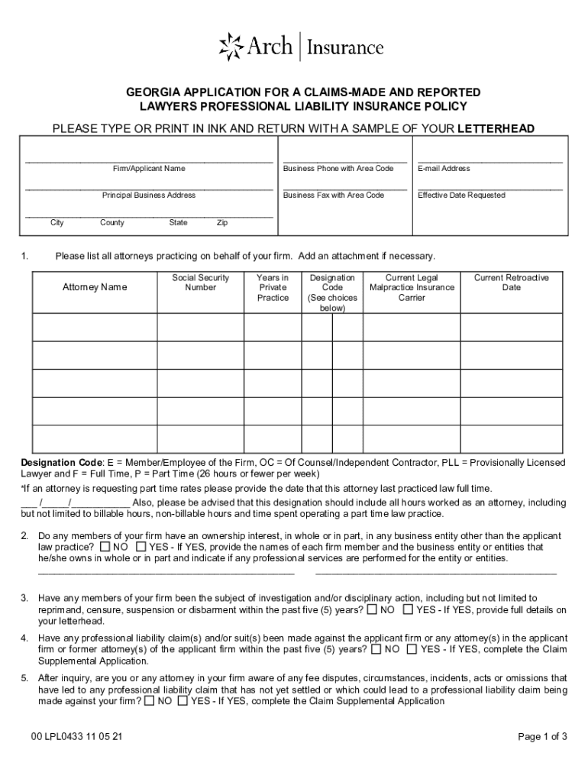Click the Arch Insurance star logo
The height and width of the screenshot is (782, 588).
click(231, 47)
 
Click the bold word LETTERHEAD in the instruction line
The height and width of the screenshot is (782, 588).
click(496, 128)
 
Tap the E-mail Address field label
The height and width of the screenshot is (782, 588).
click(444, 168)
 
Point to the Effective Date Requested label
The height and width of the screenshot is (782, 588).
click(461, 195)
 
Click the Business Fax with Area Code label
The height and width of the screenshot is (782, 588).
click(333, 195)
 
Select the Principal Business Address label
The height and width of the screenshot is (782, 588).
click(149, 195)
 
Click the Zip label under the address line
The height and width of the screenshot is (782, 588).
click(222, 223)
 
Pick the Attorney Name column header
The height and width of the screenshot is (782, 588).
click(95, 287)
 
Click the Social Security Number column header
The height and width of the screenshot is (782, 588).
click(200, 283)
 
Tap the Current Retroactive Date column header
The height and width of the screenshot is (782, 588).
click(511, 283)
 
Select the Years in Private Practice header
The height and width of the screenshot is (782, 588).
click(273, 287)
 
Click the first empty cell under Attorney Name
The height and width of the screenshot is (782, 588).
click(95, 327)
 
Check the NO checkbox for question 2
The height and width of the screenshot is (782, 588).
click(105, 548)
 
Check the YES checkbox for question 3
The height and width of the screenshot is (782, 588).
click(408, 609)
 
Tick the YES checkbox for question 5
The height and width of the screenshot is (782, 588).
click(183, 700)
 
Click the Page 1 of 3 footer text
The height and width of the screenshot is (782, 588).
click(542, 737)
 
